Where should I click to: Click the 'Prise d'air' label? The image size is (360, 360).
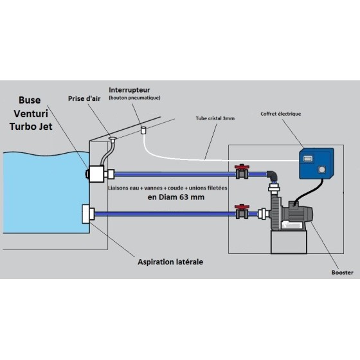[84, 99]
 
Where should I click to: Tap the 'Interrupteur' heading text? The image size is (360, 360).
[129, 90]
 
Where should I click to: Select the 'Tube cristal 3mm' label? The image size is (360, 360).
[215, 118]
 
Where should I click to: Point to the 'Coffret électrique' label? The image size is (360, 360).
[280, 114]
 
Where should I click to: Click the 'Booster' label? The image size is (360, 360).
[342, 273]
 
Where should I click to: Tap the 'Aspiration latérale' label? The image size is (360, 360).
[170, 262]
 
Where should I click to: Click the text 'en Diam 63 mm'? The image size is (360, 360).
[176, 197]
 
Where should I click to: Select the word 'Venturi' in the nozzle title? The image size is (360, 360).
[31, 113]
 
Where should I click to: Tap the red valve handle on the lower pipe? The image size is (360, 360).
[242, 206]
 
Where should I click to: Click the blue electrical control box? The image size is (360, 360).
[316, 163]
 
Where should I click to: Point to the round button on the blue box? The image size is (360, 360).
[322, 170]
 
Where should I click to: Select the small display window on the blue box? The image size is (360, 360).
[307, 159]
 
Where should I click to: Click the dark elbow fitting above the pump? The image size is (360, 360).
[273, 176]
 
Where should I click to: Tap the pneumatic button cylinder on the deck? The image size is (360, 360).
[143, 130]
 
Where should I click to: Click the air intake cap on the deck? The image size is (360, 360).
[113, 138]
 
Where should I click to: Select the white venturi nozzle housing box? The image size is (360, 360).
[96, 174]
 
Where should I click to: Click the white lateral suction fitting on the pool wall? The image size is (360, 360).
[88, 214]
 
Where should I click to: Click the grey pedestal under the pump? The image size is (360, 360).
[289, 242]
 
